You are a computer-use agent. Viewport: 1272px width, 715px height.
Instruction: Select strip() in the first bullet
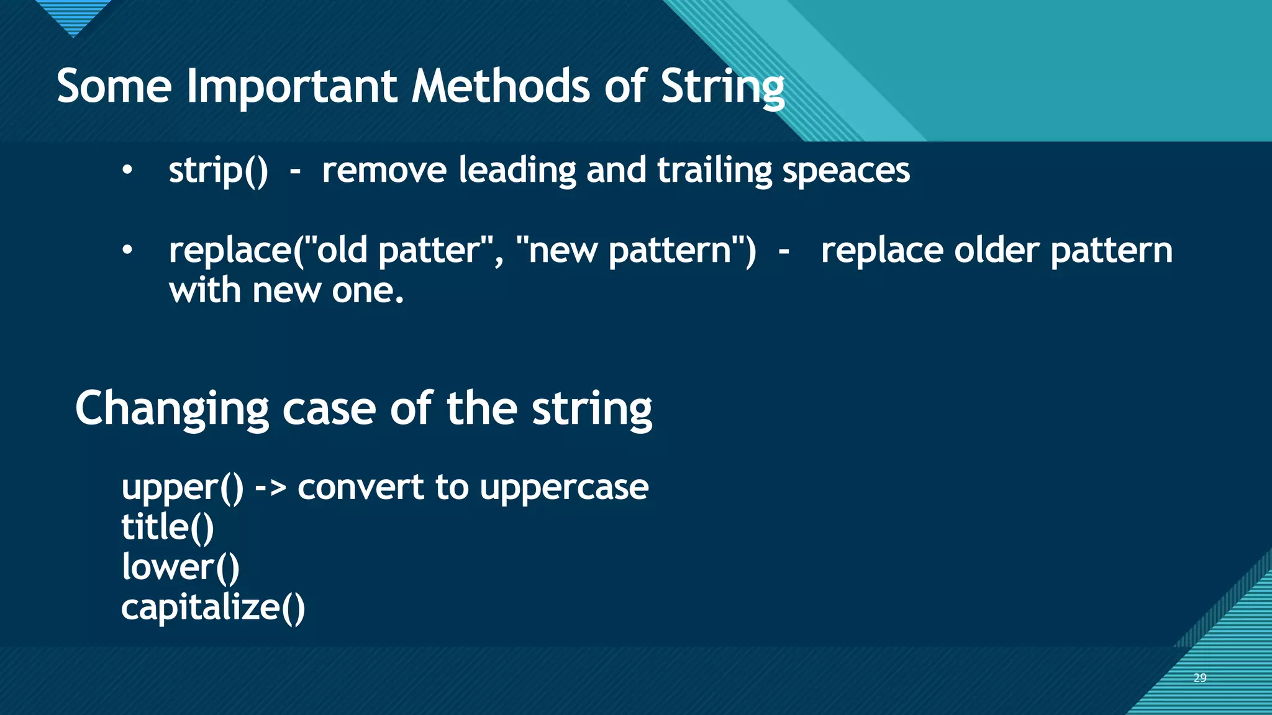point(218,170)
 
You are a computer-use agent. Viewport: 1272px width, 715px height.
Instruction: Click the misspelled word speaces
point(846,171)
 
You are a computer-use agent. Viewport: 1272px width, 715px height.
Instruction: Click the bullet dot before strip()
point(127,170)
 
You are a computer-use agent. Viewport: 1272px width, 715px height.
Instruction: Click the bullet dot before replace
point(127,250)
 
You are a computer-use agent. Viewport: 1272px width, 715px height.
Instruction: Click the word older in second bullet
point(996,250)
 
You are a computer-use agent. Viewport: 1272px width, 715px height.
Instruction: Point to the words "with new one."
point(286,290)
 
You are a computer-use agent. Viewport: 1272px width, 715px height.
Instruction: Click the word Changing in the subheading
point(172,409)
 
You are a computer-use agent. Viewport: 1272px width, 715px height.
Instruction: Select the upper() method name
point(183,487)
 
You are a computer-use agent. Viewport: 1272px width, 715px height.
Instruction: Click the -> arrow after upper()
point(270,487)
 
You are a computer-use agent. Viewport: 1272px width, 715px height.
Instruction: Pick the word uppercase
point(564,487)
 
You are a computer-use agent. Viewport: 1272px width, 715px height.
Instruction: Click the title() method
point(167,528)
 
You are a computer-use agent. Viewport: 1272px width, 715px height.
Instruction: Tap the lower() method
point(180,567)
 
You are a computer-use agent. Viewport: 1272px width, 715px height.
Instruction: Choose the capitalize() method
point(213,607)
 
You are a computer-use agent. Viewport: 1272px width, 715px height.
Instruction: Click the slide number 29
point(1200,678)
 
